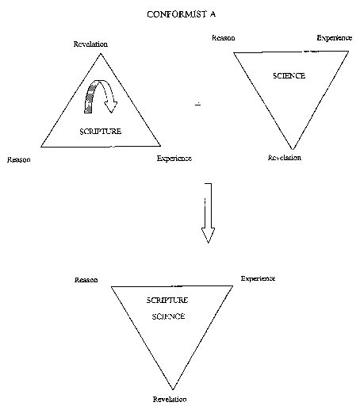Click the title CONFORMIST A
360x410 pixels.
(x=181, y=14)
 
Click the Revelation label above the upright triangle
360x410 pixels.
(x=90, y=44)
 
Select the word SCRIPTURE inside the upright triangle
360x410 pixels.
(x=101, y=132)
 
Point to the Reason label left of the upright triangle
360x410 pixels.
(x=19, y=159)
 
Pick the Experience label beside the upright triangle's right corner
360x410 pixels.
(x=174, y=159)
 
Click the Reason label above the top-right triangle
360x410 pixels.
(x=224, y=38)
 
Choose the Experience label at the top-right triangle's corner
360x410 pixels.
(x=335, y=38)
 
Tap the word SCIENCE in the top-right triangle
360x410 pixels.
(x=289, y=76)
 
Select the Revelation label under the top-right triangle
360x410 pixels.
(x=285, y=158)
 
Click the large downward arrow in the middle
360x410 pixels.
(x=209, y=213)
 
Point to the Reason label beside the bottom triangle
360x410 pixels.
(x=86, y=280)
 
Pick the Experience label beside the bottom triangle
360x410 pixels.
(x=258, y=278)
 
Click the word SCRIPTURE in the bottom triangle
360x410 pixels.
(x=167, y=301)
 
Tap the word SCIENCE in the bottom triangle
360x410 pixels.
(x=168, y=316)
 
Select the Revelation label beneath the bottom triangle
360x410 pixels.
(x=170, y=399)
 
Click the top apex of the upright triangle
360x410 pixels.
(x=101, y=54)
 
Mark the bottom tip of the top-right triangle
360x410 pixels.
(x=293, y=150)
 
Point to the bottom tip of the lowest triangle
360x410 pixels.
(x=173, y=389)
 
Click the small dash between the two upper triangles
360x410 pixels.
(x=198, y=104)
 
